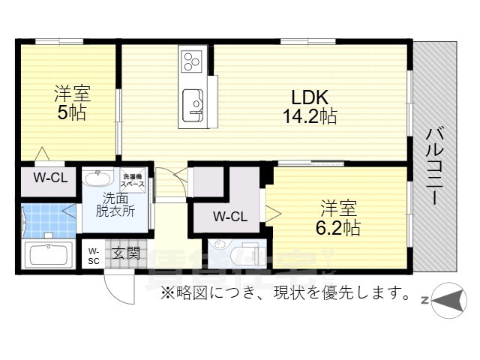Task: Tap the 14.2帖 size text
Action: (308, 116)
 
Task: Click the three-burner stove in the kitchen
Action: (190, 58)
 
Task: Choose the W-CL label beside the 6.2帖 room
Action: (229, 217)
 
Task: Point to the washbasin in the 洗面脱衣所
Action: (96, 179)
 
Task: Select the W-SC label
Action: (94, 256)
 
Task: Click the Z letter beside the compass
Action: (424, 301)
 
